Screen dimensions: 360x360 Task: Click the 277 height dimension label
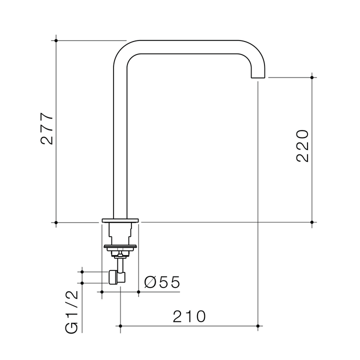point(47,129)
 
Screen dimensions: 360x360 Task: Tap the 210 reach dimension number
point(189,316)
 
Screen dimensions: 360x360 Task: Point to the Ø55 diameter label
point(161,282)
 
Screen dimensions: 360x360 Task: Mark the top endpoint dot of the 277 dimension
point(56,40)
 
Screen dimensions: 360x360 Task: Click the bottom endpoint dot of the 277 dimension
point(56,221)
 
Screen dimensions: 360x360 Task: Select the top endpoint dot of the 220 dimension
point(312,77)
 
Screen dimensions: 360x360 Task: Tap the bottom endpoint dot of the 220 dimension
point(312,221)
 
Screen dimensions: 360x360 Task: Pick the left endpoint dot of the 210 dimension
point(120,326)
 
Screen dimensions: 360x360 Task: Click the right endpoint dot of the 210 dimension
point(258,326)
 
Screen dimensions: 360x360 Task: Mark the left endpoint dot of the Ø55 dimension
point(102,291)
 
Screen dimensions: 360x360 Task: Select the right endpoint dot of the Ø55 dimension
point(138,291)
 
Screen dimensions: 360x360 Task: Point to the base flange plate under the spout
point(120,220)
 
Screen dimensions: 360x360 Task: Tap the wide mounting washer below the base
point(120,246)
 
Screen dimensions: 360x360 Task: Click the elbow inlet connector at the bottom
point(117,276)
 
